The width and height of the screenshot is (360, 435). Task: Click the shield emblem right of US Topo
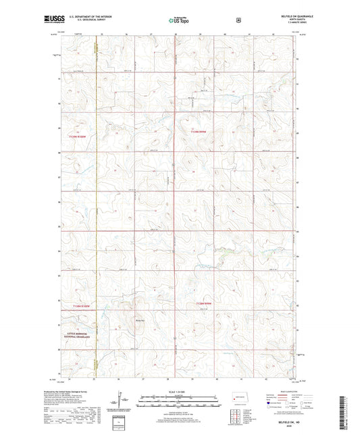click(x=236, y=20)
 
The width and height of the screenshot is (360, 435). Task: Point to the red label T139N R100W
click(x=78, y=136)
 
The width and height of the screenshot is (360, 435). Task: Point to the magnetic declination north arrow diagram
click(x=124, y=403)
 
